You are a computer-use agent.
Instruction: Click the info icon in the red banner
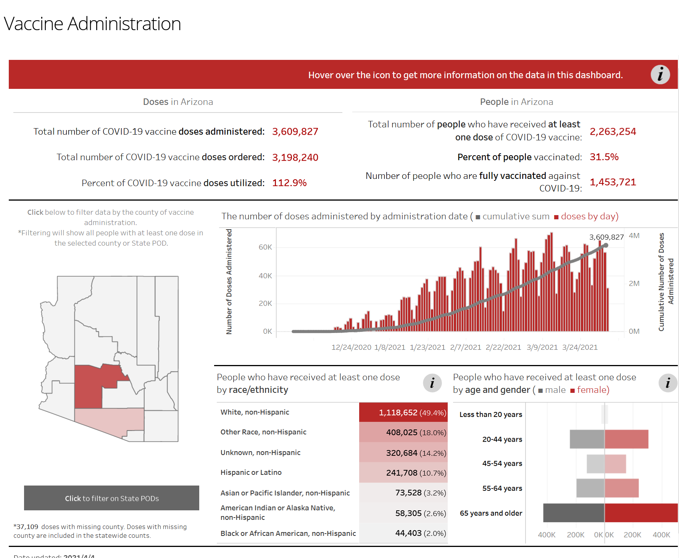pos(660,74)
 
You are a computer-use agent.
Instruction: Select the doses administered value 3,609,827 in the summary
pos(295,132)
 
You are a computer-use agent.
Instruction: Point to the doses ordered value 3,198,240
pos(295,158)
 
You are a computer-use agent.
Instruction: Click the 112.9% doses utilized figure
pos(289,183)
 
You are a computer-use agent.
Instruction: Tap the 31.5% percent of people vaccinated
pos(604,157)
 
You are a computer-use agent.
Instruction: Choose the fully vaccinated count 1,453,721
pos(613,182)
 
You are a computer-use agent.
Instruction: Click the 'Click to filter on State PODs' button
pos(111,498)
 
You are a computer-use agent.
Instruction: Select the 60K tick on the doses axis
pos(265,247)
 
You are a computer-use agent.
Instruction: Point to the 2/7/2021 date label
pos(465,347)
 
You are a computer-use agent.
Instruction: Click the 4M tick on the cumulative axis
pos(634,236)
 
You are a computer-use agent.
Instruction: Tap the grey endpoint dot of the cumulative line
pos(606,245)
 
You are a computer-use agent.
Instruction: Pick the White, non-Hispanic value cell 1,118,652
pos(403,412)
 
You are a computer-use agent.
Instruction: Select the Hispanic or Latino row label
pos(251,473)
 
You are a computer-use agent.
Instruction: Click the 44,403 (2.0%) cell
pos(420,533)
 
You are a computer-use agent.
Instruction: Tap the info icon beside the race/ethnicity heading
pos(432,383)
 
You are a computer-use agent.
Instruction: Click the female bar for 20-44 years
pos(626,439)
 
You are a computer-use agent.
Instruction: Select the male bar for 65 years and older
pos(574,513)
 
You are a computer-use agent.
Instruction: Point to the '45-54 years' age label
pos(502,463)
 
